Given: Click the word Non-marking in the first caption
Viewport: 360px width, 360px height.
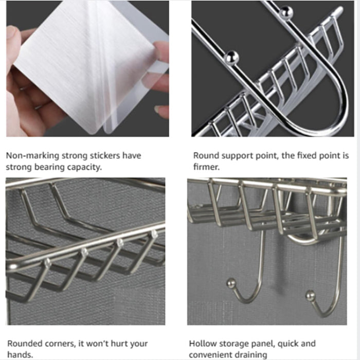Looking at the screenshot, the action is tap(32, 155).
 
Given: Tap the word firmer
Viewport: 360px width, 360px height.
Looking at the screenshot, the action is tap(206, 167).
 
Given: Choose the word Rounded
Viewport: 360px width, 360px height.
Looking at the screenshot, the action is tap(25, 344).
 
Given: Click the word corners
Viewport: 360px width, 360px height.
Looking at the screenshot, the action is tap(60, 344).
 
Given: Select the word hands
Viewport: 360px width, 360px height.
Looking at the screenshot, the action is tap(20, 354).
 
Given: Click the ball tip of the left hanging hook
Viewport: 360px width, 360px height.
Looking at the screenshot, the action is tap(231, 283).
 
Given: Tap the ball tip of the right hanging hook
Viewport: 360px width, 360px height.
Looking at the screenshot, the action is tap(311, 296).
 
